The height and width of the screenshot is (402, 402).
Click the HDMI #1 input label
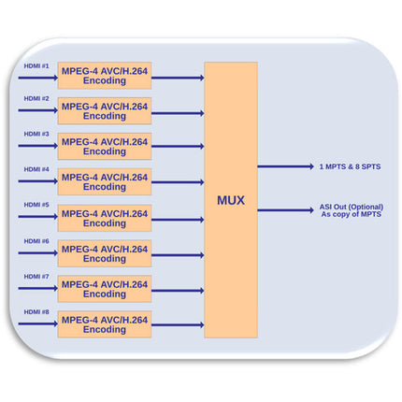[36, 66]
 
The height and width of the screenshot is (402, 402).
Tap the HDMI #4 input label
[36, 169]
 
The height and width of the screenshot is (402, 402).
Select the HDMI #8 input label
[36, 312]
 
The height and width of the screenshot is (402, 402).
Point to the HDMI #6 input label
[36, 241]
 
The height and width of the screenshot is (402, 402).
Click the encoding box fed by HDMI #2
[105, 111]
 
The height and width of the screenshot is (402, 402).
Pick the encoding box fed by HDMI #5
[105, 218]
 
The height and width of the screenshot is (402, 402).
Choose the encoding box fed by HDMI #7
[105, 289]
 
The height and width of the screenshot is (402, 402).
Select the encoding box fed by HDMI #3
[105, 147]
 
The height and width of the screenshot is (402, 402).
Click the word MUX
[231, 200]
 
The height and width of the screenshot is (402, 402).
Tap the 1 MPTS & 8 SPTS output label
[350, 166]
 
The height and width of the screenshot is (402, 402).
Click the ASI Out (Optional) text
[352, 207]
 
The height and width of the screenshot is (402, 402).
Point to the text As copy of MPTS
[352, 214]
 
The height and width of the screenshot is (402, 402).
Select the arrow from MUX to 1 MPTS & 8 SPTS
[285, 166]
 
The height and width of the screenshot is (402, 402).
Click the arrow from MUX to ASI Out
[285, 210]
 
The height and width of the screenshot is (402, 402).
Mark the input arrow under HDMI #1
[38, 78]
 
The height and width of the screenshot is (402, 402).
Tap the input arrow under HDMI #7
[38, 288]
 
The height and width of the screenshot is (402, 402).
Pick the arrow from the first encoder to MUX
[178, 78]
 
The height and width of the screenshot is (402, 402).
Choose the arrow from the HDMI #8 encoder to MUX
[178, 325]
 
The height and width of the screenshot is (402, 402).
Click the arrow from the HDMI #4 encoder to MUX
[178, 182]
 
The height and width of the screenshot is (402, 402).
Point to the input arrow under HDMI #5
[38, 217]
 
